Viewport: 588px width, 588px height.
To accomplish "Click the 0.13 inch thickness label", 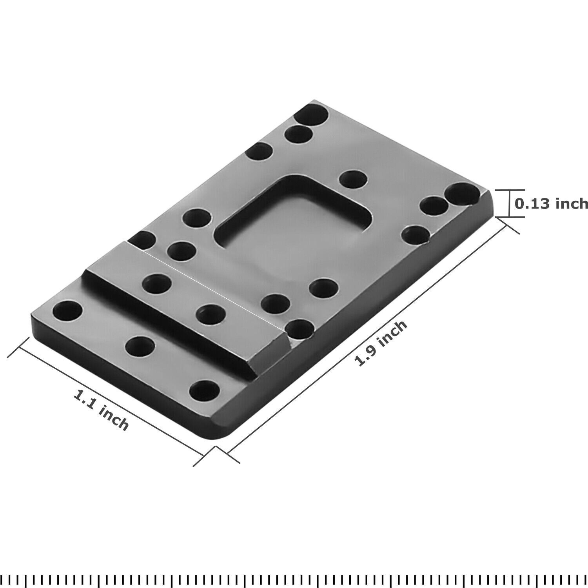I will point(551,203).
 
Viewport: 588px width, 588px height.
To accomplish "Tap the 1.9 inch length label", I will point(381,344).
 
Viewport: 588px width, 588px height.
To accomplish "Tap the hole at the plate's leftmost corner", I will point(67,310).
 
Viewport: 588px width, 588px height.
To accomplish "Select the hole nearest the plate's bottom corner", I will point(204,390).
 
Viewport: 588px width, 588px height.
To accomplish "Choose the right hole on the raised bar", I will point(211,314).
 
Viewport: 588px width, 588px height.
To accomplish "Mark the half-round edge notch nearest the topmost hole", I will point(259,151).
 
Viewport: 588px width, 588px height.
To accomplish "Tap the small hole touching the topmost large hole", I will point(299,134).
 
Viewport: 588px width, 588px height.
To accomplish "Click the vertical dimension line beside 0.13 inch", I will point(510,203).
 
